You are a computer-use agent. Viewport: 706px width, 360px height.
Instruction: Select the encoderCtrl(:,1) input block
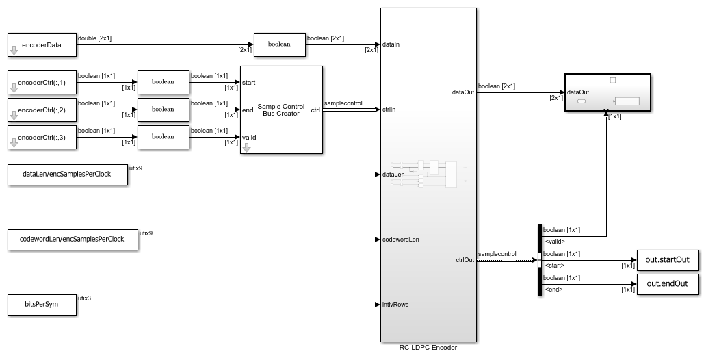(41, 83)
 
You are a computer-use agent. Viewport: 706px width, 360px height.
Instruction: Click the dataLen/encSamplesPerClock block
(67, 175)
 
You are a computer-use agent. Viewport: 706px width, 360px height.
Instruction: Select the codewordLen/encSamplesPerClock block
(73, 240)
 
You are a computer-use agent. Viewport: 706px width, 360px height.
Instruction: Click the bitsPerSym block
(41, 305)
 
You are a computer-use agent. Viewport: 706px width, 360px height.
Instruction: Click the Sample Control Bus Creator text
(281, 110)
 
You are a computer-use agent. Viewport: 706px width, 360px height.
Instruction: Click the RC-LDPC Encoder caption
(428, 348)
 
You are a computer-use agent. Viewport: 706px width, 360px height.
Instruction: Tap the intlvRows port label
(395, 305)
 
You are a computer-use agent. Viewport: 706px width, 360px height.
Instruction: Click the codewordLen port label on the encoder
(401, 240)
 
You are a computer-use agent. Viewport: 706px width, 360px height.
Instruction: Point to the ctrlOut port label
(465, 259)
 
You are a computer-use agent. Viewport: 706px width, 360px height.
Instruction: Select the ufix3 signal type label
(85, 298)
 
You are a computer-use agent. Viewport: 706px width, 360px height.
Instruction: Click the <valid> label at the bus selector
(555, 241)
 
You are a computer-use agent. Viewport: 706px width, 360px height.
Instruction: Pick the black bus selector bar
(540, 260)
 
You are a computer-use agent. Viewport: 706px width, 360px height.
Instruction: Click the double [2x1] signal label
(95, 38)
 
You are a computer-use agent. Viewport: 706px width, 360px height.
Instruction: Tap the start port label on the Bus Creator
(249, 83)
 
